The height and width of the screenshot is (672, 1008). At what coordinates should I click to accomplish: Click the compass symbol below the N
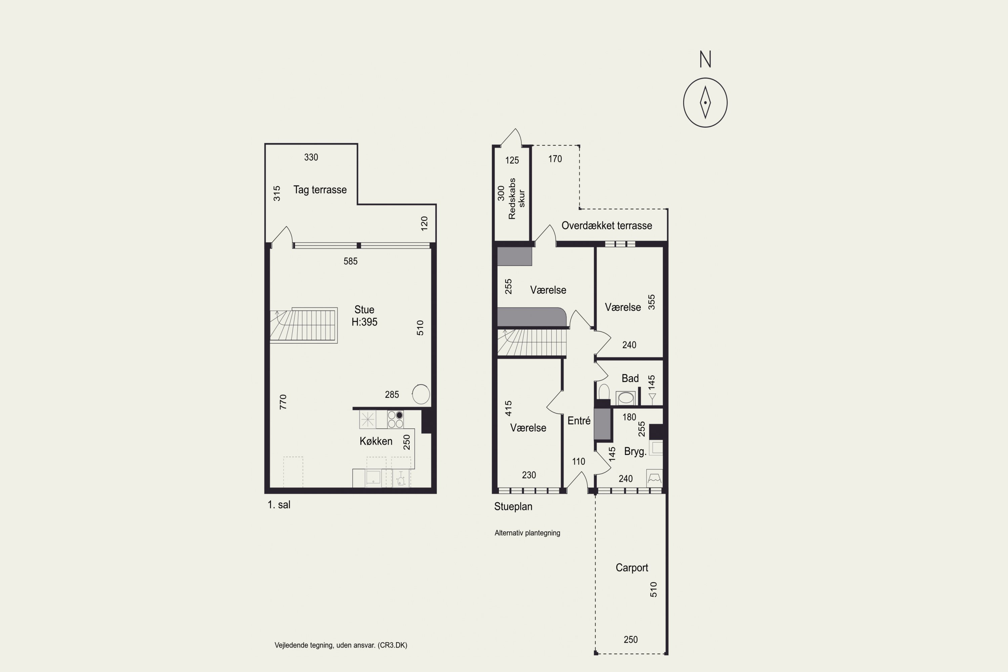[x=705, y=102]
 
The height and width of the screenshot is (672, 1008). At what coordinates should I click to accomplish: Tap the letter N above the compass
[x=705, y=59]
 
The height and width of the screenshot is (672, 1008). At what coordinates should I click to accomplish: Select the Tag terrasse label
[x=320, y=190]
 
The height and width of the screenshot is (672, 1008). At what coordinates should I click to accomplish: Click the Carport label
[x=632, y=568]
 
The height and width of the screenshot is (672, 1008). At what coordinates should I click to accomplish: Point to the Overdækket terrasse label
[x=607, y=225]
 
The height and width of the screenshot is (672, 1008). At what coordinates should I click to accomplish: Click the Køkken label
[x=376, y=441]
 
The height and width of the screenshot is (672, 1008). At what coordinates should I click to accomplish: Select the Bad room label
[x=630, y=378]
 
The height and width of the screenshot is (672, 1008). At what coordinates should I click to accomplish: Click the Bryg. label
[x=635, y=452]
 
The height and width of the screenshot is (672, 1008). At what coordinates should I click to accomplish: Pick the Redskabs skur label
[x=516, y=199]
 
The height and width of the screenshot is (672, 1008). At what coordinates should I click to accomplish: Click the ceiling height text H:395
[x=364, y=322]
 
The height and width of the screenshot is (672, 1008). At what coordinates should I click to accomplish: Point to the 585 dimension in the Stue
[x=350, y=261]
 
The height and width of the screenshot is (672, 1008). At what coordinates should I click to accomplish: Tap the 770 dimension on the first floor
[x=283, y=402]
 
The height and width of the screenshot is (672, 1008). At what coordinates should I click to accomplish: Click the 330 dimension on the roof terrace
[x=311, y=157]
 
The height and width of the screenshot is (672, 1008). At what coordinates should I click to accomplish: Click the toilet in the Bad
[x=604, y=392]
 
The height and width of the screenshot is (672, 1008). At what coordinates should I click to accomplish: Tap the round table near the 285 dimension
[x=421, y=394]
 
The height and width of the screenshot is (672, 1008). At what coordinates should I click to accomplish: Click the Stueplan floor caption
[x=513, y=507]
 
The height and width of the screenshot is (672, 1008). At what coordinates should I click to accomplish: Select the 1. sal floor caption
[x=279, y=505]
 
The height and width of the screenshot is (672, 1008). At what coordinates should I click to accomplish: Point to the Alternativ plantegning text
[x=527, y=533]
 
